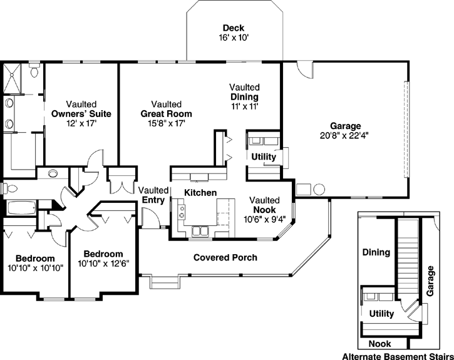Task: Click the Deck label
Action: click(233, 28)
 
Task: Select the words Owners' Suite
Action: click(81, 114)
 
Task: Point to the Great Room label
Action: click(166, 114)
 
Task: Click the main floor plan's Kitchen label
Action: click(200, 193)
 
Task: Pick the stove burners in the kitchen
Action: click(182, 213)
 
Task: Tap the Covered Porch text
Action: click(225, 257)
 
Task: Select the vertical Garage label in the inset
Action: click(431, 280)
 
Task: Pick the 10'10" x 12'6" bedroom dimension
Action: click(103, 264)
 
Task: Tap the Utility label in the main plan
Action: click(264, 157)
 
